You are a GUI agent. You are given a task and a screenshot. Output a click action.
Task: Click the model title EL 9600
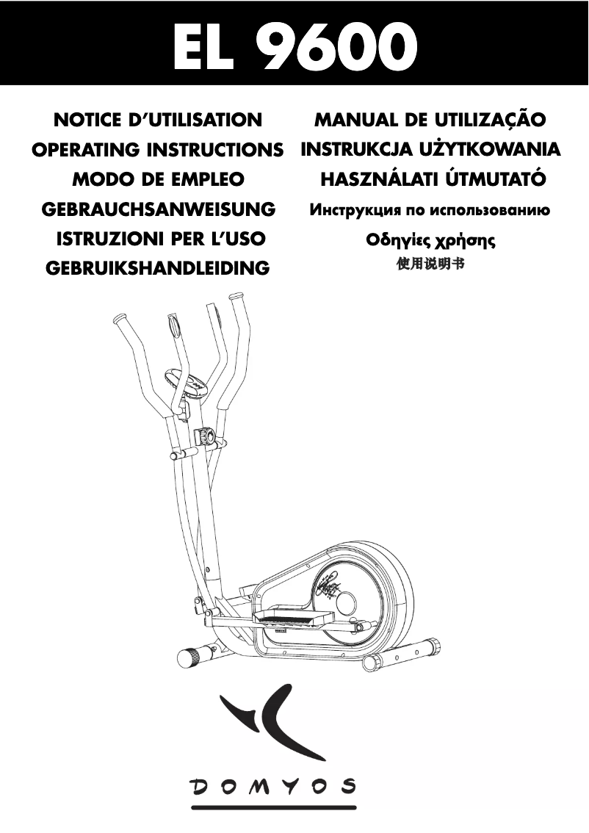[294, 46]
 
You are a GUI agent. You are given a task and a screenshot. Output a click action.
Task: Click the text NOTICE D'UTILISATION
[159, 120]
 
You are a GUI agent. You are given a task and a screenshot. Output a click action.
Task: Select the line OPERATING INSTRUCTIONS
[158, 150]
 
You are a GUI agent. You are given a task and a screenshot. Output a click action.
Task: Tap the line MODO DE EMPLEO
[158, 179]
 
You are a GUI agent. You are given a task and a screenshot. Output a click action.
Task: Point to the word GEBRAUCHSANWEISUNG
[159, 209]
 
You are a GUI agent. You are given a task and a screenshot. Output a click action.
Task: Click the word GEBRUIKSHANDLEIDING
[158, 268]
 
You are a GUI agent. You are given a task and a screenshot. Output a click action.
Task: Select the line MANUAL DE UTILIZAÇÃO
[430, 120]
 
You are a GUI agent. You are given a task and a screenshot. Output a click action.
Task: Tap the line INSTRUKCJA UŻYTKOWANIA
[430, 150]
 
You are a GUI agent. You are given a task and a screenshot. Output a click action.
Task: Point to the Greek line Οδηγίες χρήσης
[430, 240]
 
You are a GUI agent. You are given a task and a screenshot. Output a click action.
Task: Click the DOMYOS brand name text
[274, 787]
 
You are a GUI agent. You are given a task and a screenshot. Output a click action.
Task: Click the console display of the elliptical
[187, 383]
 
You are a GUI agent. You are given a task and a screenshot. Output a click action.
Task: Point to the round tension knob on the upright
[206, 436]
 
